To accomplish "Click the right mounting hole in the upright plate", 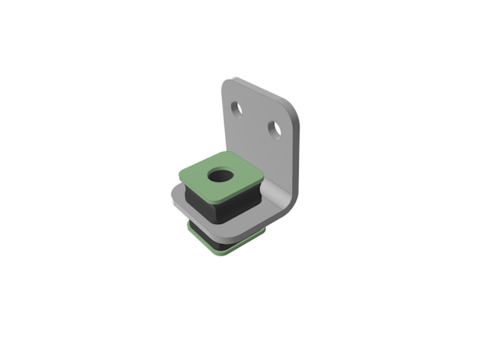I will click(275, 129).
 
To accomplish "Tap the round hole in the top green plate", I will click(221, 176).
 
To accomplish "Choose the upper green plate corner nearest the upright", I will click(263, 176).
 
